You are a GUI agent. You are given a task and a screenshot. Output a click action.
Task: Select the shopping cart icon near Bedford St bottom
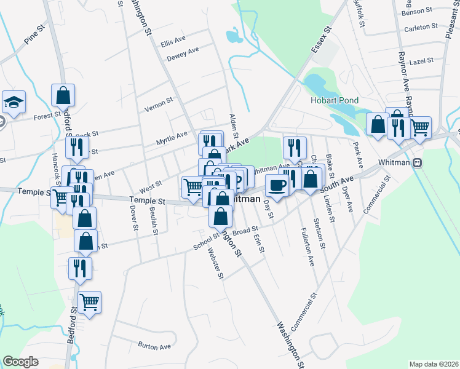(90, 303)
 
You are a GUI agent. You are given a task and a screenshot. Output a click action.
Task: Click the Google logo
(20, 362)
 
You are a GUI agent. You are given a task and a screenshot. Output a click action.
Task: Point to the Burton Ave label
(154, 347)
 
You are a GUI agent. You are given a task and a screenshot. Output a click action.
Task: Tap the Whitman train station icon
(418, 163)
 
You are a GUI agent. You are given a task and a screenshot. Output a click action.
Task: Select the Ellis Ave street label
(173, 43)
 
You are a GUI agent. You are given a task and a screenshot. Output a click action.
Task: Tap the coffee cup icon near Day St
(276, 185)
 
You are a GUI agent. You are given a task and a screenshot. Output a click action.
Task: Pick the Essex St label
(321, 39)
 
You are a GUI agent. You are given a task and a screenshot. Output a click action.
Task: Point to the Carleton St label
(421, 28)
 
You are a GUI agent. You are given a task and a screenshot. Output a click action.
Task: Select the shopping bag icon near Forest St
(63, 95)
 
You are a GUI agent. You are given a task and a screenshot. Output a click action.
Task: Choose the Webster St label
(215, 262)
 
